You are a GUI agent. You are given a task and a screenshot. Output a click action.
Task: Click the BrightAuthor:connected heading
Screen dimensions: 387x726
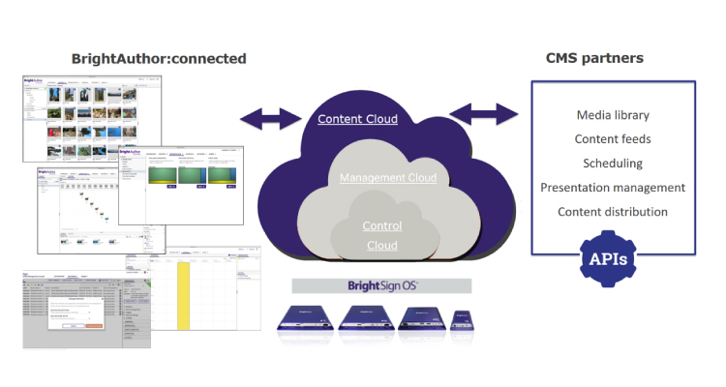pyautogui.click(x=159, y=59)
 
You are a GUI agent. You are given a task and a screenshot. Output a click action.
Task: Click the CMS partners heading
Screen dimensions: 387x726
pyautogui.click(x=595, y=59)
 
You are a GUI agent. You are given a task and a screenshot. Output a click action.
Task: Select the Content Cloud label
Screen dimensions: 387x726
pyautogui.click(x=357, y=119)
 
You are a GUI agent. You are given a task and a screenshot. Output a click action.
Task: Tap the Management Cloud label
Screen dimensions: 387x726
pyautogui.click(x=387, y=178)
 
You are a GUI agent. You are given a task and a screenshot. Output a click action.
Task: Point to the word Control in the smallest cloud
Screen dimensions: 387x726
pyautogui.click(x=381, y=226)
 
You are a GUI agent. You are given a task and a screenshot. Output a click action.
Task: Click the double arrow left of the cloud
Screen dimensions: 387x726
pyautogui.click(x=268, y=119)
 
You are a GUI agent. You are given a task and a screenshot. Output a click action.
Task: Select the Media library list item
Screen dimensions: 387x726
pyautogui.click(x=612, y=115)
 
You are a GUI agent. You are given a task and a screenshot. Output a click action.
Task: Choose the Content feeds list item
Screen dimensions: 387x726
pyautogui.click(x=612, y=139)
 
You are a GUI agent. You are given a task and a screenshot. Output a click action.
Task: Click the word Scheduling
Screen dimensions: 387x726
pyautogui.click(x=612, y=164)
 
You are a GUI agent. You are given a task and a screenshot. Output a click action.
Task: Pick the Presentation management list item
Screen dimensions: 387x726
pyautogui.click(x=612, y=188)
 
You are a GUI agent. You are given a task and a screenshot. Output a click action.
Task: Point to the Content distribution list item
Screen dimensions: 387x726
pyautogui.click(x=612, y=212)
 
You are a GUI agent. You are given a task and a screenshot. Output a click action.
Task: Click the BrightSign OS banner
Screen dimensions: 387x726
pyautogui.click(x=381, y=285)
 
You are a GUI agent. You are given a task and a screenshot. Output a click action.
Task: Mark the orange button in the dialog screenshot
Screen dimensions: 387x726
pyautogui.click(x=95, y=325)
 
